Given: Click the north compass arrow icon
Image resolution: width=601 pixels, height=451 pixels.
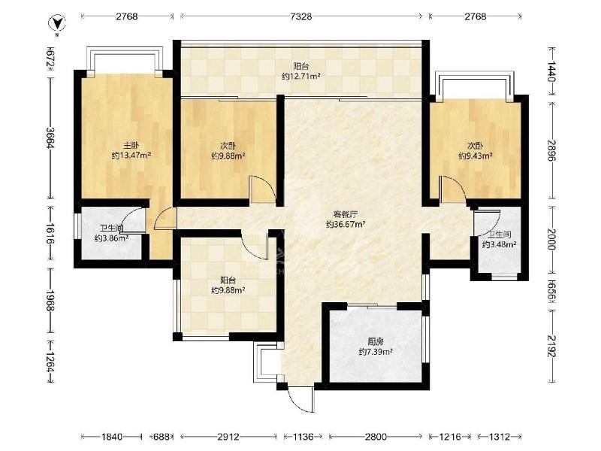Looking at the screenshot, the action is tap(56, 23).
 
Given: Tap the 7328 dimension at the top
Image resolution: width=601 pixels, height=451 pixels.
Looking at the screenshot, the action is tap(301, 17).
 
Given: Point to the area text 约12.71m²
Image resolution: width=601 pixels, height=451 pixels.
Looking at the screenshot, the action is tap(301, 77).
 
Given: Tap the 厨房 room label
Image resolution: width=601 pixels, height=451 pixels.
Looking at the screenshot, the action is tap(376, 341).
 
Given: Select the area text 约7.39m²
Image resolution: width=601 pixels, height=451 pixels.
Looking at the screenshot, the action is tap(376, 352).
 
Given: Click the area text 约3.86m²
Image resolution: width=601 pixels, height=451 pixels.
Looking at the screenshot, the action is tap(111, 238).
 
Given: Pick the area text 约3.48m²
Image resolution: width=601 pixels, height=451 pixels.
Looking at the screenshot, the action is tap(499, 244).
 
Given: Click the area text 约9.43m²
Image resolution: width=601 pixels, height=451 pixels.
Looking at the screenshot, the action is tap(476, 156).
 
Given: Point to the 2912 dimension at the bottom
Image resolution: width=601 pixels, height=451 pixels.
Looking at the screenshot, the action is tap(228, 437).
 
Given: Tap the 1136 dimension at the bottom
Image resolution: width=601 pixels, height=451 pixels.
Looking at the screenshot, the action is tap(303, 437).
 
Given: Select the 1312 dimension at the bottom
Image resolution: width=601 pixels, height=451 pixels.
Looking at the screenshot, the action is tap(500, 437).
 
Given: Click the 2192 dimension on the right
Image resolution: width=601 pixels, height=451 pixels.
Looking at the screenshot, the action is tap(551, 347).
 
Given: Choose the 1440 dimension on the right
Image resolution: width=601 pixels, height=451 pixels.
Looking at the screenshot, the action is tap(551, 71).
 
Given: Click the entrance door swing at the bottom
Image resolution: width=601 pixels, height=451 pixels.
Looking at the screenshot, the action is tap(301, 400).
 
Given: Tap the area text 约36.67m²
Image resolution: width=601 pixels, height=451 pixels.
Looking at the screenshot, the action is tap(345, 224).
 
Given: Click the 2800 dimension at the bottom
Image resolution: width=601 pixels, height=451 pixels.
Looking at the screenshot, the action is tap(376, 437).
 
